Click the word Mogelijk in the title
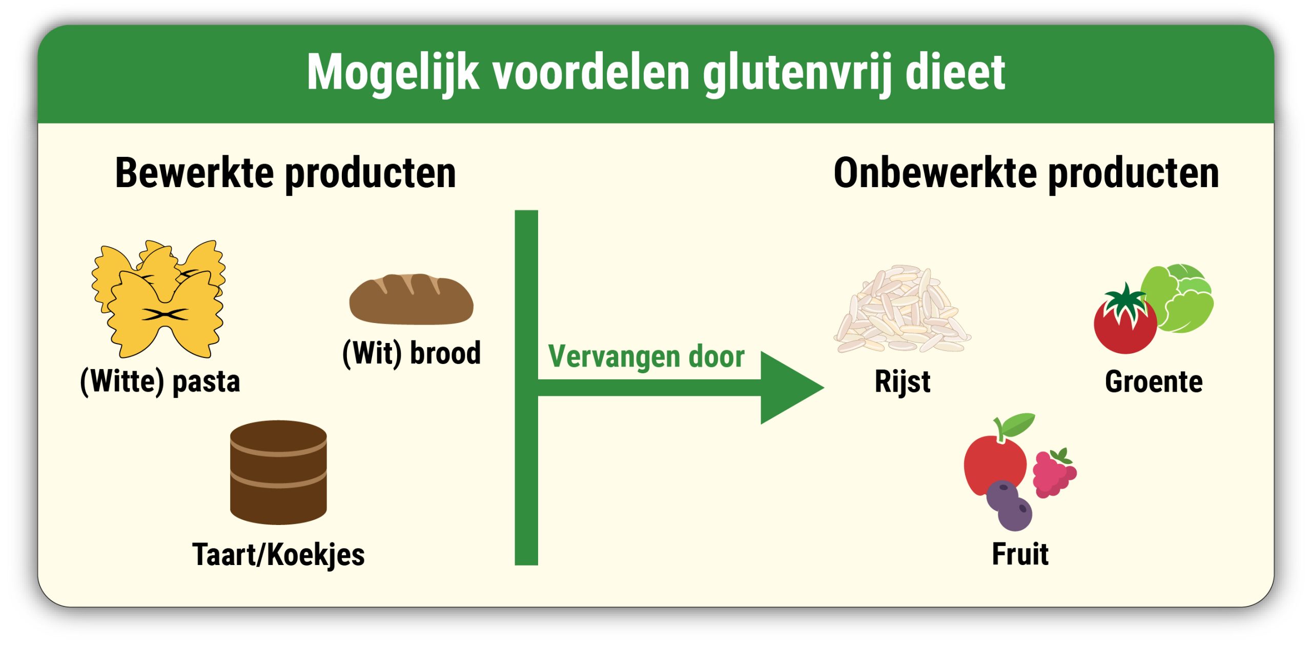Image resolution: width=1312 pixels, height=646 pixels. point(393,73)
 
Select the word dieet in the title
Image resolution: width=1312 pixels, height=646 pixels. point(955,73)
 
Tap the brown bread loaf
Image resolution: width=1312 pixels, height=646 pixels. point(411,299)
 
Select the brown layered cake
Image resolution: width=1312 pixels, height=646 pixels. point(278,472)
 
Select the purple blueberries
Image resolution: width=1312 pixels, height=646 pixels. point(1008,505)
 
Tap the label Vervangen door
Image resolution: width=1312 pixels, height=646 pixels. point(646,356)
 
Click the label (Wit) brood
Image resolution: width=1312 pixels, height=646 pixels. point(412,353)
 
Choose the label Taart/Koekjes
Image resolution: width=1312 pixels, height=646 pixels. point(278,555)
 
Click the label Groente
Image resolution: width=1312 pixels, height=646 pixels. point(1153,382)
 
